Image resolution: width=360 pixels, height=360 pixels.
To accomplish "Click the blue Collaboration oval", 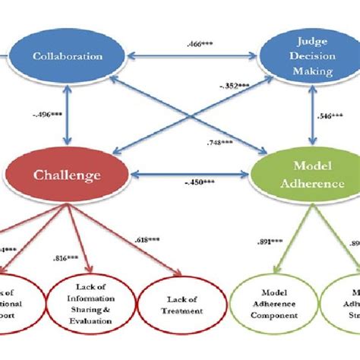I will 68,55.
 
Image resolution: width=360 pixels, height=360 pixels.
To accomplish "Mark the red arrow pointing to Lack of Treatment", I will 141,243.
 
